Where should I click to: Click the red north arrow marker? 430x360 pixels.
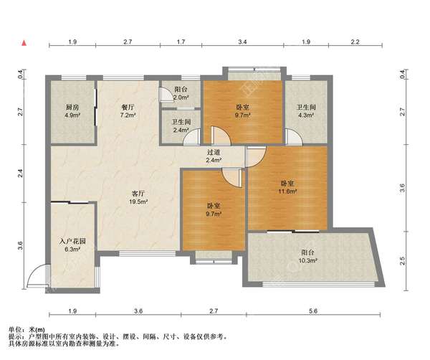pyautogui.click(x=24, y=43)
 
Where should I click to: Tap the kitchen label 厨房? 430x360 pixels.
pyautogui.click(x=72, y=107)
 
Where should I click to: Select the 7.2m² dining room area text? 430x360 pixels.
pyautogui.click(x=128, y=115)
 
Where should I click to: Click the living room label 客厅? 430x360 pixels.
pyautogui.click(x=138, y=194)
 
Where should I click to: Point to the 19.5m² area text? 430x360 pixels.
pyautogui.click(x=138, y=202)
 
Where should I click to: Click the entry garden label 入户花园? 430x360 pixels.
pyautogui.click(x=72, y=241)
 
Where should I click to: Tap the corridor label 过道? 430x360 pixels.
pyautogui.click(x=214, y=152)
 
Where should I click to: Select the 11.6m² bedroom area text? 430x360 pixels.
pyautogui.click(x=287, y=191)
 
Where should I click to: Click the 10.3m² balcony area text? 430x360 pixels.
pyautogui.click(x=307, y=260)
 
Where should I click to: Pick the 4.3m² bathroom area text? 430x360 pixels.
pyautogui.click(x=306, y=115)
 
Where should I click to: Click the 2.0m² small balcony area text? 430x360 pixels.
pyautogui.click(x=181, y=98)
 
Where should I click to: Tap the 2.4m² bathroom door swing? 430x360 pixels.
pyautogui.click(x=191, y=137)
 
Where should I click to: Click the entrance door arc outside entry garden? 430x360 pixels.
pyautogui.click(x=37, y=275)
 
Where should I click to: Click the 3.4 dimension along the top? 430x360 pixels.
pyautogui.click(x=242, y=42)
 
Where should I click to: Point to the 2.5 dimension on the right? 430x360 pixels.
pyautogui.click(x=402, y=260)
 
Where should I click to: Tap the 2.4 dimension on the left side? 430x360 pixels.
pyautogui.click(x=20, y=174)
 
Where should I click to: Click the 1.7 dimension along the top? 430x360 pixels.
pyautogui.click(x=181, y=42)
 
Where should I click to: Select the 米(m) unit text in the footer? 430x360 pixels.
pyautogui.click(x=37, y=330)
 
